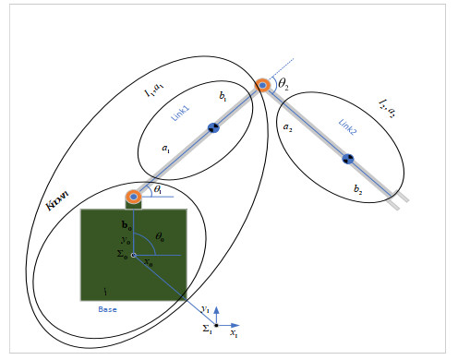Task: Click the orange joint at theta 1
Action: [x=134, y=196]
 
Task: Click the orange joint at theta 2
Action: [x=263, y=85]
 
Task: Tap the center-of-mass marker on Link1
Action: [x=213, y=127]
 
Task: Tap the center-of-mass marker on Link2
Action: [x=348, y=159]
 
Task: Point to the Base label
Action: [x=107, y=309]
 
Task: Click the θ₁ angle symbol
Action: [x=158, y=188]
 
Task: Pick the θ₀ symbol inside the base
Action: [x=160, y=237]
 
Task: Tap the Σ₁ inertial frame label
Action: [x=208, y=329]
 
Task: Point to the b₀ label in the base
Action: [x=127, y=224]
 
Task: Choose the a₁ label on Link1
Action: [x=165, y=147]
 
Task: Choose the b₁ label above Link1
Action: [x=223, y=96]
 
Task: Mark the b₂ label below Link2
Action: [x=357, y=189]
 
